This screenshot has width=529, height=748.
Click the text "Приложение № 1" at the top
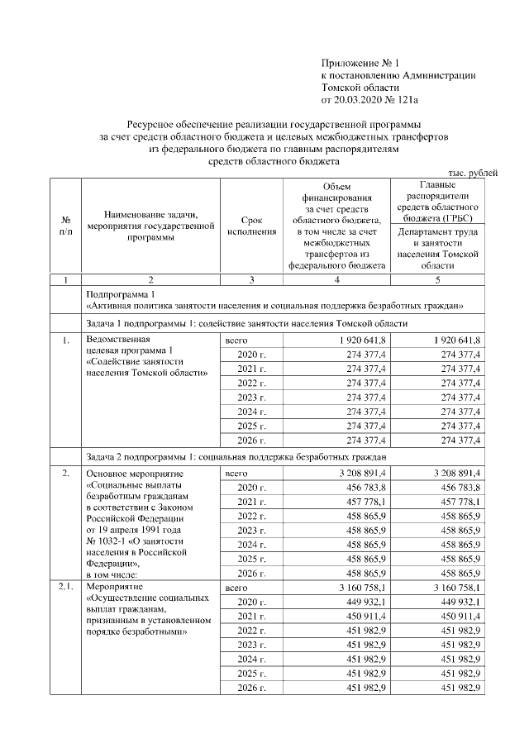point(360,63)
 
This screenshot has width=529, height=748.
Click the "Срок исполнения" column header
point(251,226)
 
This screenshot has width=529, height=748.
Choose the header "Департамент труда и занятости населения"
point(438,249)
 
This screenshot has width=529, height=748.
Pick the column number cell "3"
point(251,279)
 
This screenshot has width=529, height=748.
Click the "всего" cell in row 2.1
point(236,588)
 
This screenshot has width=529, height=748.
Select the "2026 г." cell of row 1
point(250,440)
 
